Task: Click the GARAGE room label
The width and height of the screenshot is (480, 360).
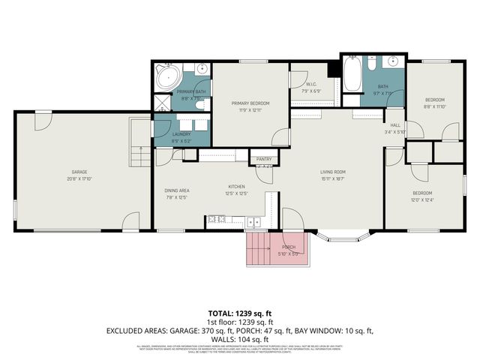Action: [x=73, y=172]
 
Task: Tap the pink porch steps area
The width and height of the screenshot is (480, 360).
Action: [x=259, y=249]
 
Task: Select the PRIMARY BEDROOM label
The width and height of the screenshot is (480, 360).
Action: [x=250, y=103]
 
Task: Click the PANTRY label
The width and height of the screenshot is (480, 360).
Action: [x=263, y=159]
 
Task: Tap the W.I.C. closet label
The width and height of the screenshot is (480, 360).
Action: [x=310, y=85]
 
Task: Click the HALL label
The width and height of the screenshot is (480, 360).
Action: [x=394, y=125]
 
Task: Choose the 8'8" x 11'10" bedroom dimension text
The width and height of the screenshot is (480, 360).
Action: [x=435, y=106]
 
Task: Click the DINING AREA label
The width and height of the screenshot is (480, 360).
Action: [x=177, y=190]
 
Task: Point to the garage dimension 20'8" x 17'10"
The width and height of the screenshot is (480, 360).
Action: [x=73, y=178]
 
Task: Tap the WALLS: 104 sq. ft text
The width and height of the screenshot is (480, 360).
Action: [x=240, y=339]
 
